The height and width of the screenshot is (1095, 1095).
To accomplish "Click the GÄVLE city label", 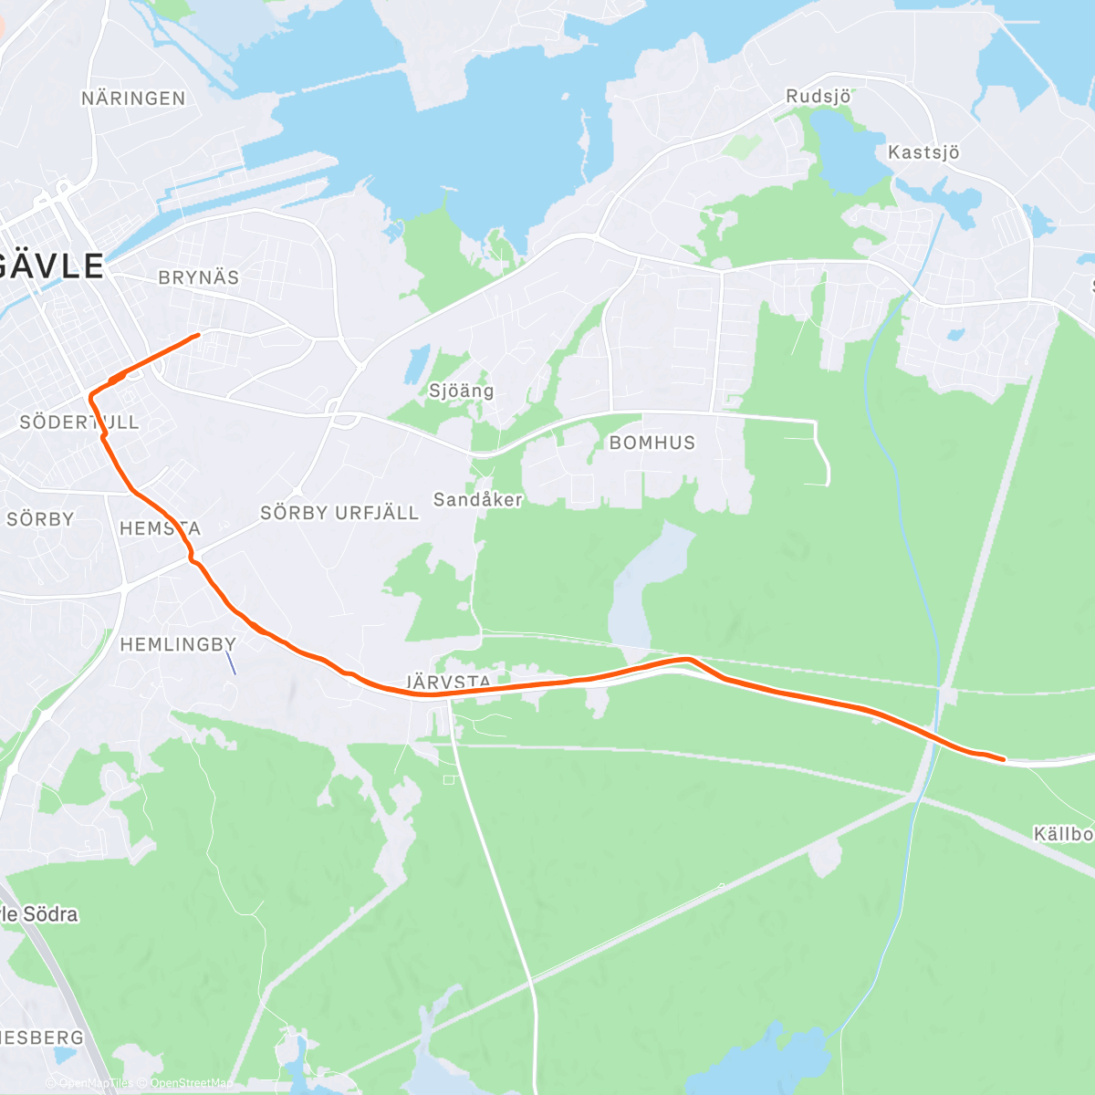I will click(53, 266).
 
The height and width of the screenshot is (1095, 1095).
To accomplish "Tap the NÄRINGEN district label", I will click(133, 99).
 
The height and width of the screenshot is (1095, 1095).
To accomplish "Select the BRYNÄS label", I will click(199, 277).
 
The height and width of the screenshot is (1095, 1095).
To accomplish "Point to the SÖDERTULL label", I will click(79, 422).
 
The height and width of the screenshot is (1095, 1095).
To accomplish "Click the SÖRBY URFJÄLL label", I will click(339, 513).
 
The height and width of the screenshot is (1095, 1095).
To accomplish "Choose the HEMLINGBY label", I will click(178, 644).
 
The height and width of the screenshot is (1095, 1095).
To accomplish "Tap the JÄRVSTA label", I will click(448, 682).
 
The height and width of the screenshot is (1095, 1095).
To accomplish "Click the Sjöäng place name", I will click(462, 391).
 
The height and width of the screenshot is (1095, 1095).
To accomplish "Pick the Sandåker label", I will click(477, 499).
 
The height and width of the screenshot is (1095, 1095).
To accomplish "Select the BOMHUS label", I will click(652, 443).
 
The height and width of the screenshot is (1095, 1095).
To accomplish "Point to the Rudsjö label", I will click(819, 96).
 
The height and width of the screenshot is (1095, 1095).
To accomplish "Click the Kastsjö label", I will click(923, 152).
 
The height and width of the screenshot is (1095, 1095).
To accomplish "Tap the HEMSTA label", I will click(160, 528).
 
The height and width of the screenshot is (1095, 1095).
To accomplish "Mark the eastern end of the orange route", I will click(1003, 758).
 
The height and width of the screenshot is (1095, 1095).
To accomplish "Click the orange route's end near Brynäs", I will click(198, 335).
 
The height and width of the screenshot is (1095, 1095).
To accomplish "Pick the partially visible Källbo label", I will click(1063, 834).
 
